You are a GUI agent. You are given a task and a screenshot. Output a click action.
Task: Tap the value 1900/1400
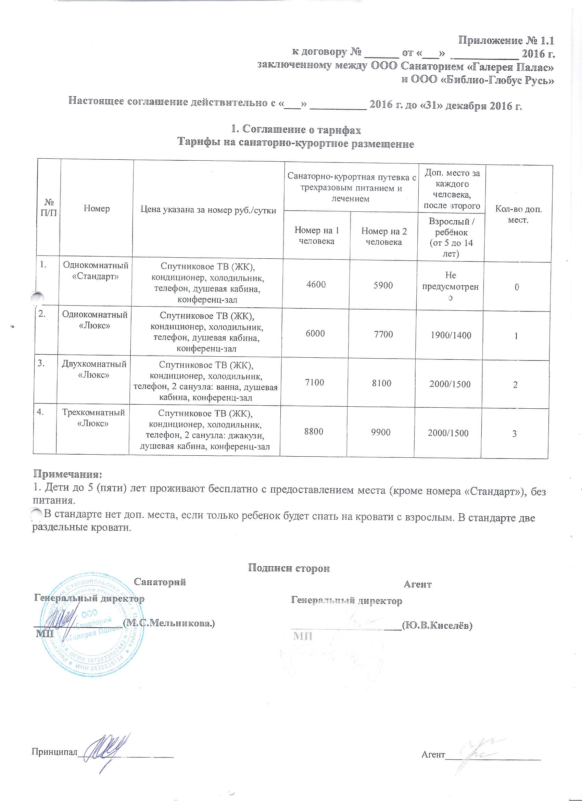click(x=451, y=335)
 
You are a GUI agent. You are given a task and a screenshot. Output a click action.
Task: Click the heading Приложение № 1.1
click(x=505, y=41)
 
